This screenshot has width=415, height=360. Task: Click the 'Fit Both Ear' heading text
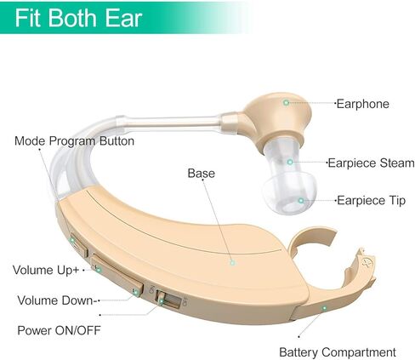(x=78, y=18)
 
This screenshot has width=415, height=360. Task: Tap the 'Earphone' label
(x=362, y=104)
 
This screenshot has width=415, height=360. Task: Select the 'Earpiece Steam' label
(x=371, y=163)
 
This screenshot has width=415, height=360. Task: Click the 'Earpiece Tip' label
(x=371, y=200)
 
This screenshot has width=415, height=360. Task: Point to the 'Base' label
(x=202, y=173)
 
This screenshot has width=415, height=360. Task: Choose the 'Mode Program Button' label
(x=74, y=141)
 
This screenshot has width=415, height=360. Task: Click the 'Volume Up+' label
(x=46, y=270)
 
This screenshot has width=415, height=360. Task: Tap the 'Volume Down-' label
(x=55, y=300)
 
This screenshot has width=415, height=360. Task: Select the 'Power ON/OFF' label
(x=59, y=330)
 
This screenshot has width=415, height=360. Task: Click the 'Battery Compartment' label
(x=338, y=352)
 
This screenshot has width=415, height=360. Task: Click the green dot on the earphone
(x=286, y=102)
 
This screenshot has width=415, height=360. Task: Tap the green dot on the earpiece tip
(x=301, y=201)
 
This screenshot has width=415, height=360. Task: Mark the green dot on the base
(x=232, y=262)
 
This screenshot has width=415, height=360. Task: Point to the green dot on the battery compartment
(x=324, y=308)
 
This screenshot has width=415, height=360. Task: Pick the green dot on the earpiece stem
(x=290, y=162)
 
